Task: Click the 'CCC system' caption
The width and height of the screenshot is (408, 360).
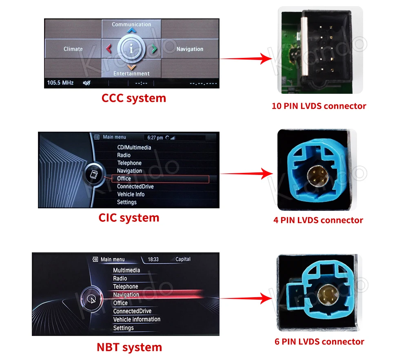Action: click(x=134, y=98)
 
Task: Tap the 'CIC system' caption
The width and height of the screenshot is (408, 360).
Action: click(x=129, y=218)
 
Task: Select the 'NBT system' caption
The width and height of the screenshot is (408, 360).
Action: click(x=129, y=347)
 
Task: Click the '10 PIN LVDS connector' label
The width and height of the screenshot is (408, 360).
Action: click(x=319, y=106)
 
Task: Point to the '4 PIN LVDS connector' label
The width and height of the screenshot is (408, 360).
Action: click(x=318, y=220)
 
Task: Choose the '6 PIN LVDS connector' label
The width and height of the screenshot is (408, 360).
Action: click(x=319, y=342)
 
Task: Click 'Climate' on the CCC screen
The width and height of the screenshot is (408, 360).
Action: click(x=73, y=49)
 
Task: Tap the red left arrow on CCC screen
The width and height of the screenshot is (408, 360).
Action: click(x=109, y=49)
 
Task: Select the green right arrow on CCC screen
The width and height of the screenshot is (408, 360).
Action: click(x=154, y=49)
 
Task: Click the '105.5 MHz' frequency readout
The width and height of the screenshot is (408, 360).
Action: click(x=60, y=83)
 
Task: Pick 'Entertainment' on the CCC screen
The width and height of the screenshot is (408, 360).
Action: click(x=131, y=74)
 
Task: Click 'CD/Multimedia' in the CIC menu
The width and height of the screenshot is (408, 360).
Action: click(x=134, y=148)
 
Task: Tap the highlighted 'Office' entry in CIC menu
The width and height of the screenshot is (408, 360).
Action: click(x=124, y=179)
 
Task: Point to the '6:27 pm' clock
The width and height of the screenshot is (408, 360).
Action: click(x=155, y=138)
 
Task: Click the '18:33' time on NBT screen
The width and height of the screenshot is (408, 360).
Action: click(x=153, y=259)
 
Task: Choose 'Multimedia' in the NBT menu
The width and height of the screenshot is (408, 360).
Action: click(x=126, y=270)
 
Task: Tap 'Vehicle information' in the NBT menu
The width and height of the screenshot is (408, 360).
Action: click(x=137, y=319)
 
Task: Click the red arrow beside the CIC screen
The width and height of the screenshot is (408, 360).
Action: click(x=247, y=174)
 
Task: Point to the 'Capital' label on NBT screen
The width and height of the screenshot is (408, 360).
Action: click(x=183, y=259)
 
